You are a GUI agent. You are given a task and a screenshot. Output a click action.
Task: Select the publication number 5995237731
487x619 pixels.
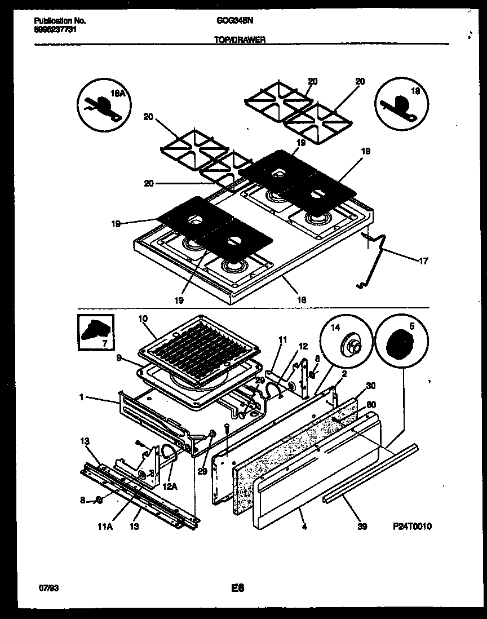[55, 29]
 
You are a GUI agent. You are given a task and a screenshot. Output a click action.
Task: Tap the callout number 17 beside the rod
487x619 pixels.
[424, 260]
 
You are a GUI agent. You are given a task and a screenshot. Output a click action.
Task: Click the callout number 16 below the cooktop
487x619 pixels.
[302, 300]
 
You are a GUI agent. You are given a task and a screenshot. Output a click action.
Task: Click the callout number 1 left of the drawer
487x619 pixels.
[81, 397]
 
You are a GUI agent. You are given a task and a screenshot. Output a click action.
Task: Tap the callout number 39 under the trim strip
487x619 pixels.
[362, 527]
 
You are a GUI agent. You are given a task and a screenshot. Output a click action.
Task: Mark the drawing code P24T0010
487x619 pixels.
[412, 527]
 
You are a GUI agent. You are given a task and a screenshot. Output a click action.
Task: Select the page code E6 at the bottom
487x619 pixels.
[237, 588]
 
